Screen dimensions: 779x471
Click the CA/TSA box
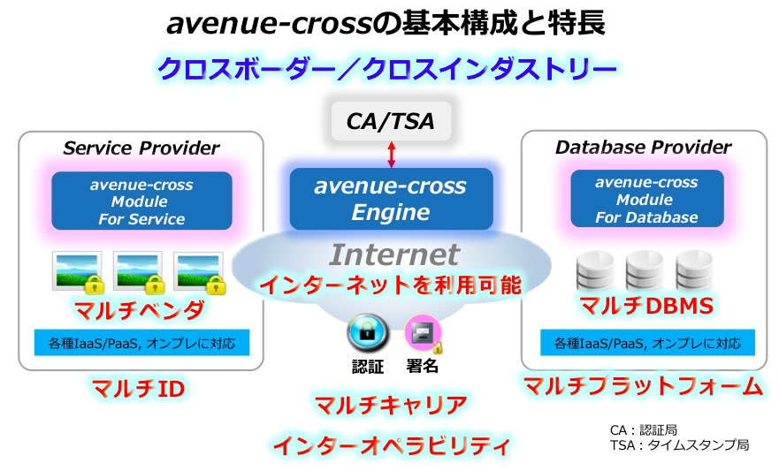pos(391,121)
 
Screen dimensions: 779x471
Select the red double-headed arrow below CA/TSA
pos(392,155)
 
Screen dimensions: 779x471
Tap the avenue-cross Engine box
pos(391,199)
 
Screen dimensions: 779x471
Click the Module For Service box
pos(141,201)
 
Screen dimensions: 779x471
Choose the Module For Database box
pos(647,199)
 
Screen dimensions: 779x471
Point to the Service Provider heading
pos(141,148)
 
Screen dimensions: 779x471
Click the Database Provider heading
pos(644,147)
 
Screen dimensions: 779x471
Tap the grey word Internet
pos(394,255)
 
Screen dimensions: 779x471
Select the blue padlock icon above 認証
pos(368,332)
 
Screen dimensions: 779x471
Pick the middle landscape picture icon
pos(139,272)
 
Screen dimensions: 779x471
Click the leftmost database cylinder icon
pos(595,270)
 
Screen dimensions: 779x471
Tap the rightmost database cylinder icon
pos(694,270)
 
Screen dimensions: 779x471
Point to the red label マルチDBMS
pos(647,306)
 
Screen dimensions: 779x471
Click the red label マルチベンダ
pos(140,310)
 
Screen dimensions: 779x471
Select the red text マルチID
pos(139,388)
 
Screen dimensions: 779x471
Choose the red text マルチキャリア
pos(392,406)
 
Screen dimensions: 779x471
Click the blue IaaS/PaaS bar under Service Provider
pos(141,343)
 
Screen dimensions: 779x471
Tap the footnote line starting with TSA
pos(680,445)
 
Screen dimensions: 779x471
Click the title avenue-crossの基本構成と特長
pos(386,23)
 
